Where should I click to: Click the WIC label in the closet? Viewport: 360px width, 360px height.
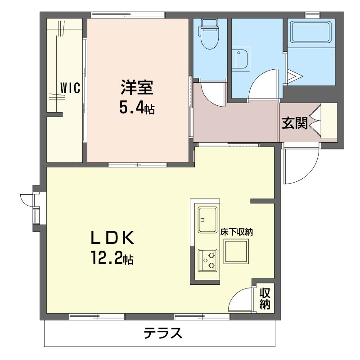point(70,88)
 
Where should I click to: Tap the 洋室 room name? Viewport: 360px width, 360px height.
point(137,87)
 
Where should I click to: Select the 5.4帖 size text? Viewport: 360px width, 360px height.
point(137,108)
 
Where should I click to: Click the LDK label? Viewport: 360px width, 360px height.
point(112,238)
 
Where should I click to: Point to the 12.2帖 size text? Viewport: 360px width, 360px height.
point(112,258)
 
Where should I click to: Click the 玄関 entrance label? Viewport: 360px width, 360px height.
point(295,123)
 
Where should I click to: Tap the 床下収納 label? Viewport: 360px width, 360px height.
point(237,232)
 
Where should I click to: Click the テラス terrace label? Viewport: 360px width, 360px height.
point(163,333)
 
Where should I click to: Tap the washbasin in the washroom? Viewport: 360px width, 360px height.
point(240,58)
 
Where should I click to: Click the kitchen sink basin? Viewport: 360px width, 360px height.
point(207,220)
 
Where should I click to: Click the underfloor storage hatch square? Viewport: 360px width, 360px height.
point(236,252)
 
